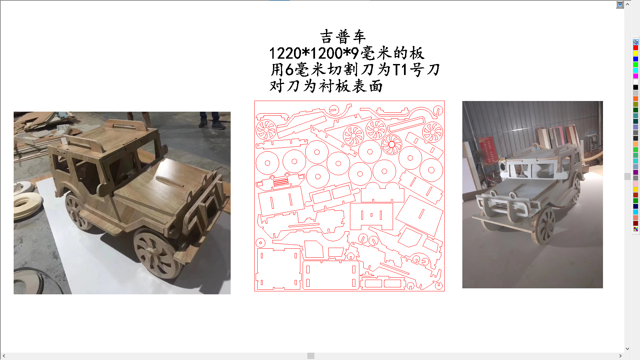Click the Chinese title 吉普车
(x=343, y=37)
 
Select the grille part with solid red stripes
(x=281, y=182)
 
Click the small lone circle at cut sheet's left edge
(x=260, y=243)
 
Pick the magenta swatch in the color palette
(x=636, y=76)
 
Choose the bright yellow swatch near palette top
(x=636, y=53)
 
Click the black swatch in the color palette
(x=636, y=87)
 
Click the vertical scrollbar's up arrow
(x=628, y=5)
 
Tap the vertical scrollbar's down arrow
(x=628, y=349)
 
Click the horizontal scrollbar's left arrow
(x=4, y=356)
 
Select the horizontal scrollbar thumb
(x=311, y=356)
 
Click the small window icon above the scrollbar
(x=620, y=5)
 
